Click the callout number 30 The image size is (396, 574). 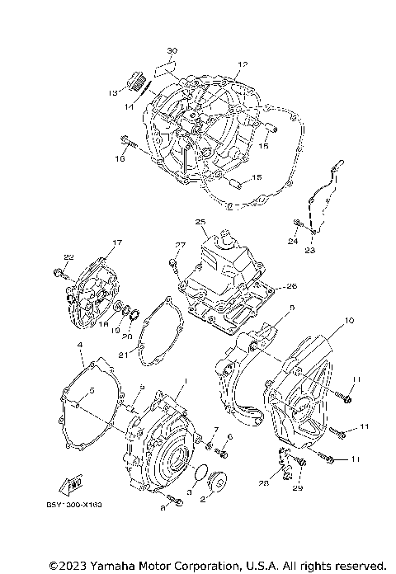(172, 50)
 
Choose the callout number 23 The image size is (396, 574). (309, 249)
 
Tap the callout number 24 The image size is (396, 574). (292, 242)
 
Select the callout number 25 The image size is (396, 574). (200, 223)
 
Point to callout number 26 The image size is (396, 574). (290, 286)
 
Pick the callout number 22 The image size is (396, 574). (68, 256)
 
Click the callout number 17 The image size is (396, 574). (116, 242)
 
